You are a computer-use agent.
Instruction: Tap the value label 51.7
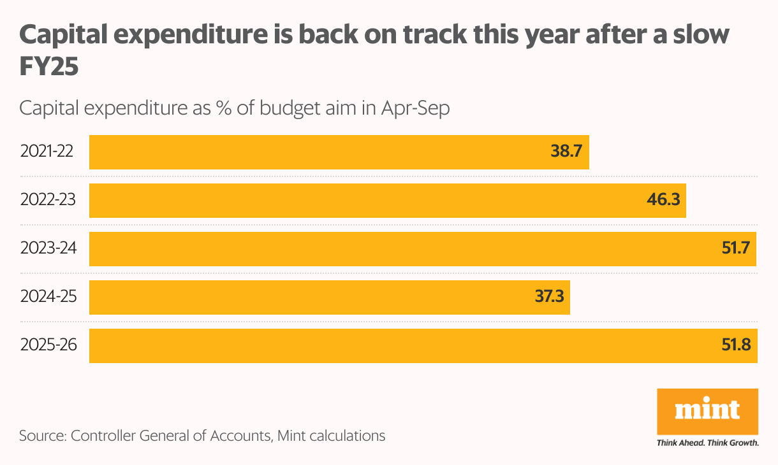[735, 249]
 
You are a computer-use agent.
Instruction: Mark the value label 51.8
[736, 346]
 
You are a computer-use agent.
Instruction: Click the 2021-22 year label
[47, 152]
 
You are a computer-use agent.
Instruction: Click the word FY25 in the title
[48, 68]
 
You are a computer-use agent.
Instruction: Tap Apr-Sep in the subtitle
[415, 108]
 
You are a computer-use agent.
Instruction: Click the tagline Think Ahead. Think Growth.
[707, 443]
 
